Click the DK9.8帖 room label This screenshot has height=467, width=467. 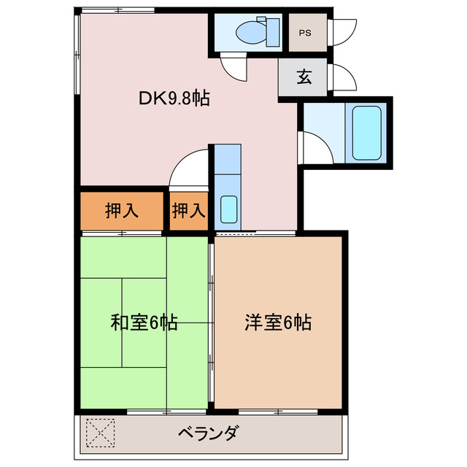pyautogui.click(x=174, y=99)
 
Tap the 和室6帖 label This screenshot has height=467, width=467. pyautogui.click(x=144, y=322)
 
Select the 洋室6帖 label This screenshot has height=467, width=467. pyautogui.click(x=278, y=322)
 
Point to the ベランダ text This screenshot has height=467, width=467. pyautogui.click(x=208, y=434)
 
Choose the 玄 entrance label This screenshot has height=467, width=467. pyautogui.click(x=304, y=77)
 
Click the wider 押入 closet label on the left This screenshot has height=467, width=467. pyautogui.click(x=121, y=211)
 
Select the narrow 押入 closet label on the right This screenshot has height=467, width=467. pyautogui.click(x=188, y=211)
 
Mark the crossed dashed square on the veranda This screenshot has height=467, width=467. pyautogui.click(x=101, y=433)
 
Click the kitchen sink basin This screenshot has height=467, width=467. pyautogui.click(x=228, y=209)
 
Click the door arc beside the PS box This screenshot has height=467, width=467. pyautogui.click(x=341, y=31)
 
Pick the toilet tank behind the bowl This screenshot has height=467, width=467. pyautogui.click(x=273, y=31)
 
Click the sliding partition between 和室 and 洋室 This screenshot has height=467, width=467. pyautogui.click(x=212, y=321)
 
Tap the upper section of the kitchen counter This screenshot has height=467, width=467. pyautogui.click(x=228, y=159)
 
